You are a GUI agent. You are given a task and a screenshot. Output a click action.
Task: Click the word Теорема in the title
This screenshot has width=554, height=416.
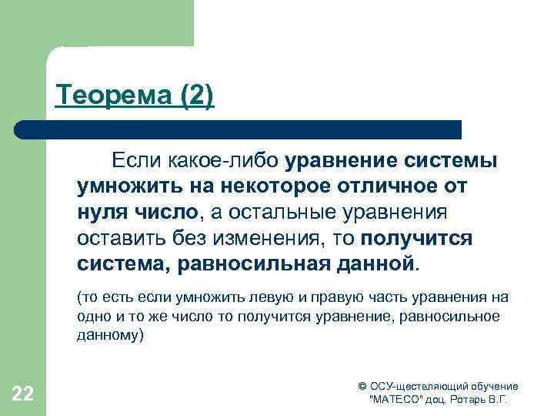pos(103,96)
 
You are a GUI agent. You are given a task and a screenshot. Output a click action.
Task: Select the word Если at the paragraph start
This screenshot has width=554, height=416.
pos(132,161)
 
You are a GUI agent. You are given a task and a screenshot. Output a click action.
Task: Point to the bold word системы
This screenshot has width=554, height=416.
pos(449,161)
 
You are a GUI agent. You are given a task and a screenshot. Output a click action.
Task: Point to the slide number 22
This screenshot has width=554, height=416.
pos(23,395)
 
